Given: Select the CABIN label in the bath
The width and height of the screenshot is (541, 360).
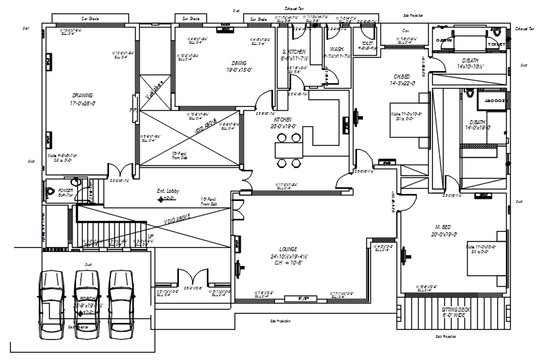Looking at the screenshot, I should (x=444, y=40).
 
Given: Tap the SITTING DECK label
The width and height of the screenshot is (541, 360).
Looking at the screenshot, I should (x=456, y=310).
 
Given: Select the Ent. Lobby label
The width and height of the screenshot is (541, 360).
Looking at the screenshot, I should (x=168, y=191).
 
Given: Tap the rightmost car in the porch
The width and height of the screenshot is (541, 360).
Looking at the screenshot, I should (x=122, y=304).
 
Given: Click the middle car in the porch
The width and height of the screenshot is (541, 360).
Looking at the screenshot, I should (x=87, y=304).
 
